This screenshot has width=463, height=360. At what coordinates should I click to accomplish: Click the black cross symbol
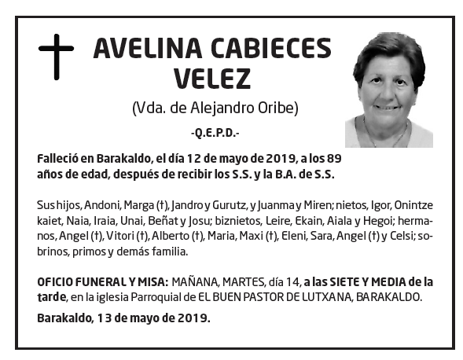point(56,55)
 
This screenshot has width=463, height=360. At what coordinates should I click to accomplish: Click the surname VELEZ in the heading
point(211,79)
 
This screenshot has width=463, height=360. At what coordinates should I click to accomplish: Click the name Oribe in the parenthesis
point(279,108)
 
